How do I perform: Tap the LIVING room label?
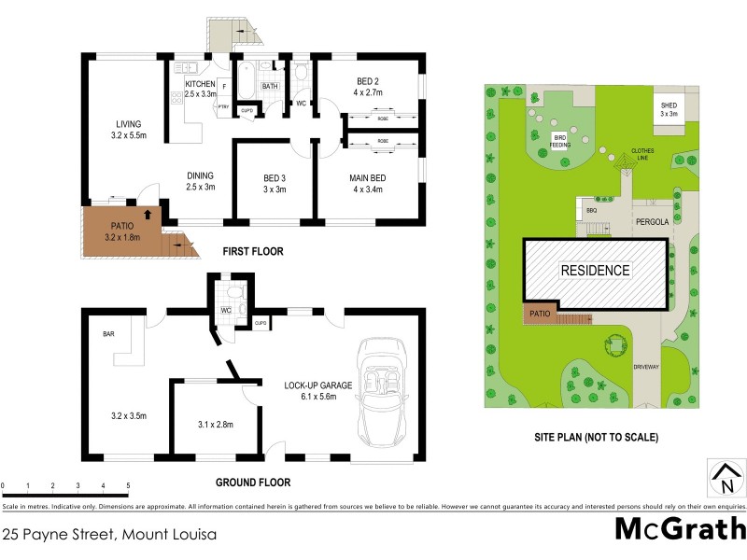tap(128, 124)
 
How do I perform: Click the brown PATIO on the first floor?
tap(121, 230)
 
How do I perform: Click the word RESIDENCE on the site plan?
tap(595, 271)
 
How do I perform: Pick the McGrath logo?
tap(679, 529)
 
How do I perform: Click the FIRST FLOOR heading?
tap(252, 252)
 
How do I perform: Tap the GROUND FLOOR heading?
tap(253, 483)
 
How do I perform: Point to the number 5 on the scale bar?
tap(128, 486)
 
